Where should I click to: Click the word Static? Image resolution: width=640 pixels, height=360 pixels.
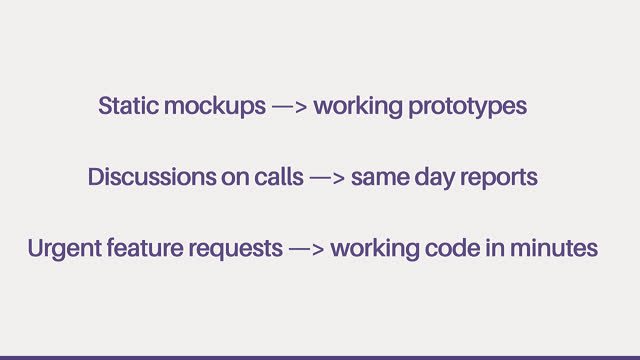tap(129, 105)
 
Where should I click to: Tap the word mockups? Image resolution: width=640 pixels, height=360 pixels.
tap(215, 107)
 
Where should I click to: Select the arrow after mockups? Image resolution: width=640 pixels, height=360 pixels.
tap(289, 107)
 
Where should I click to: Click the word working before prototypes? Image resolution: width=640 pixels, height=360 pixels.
tap(358, 107)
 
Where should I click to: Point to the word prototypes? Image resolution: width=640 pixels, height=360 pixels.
tap(468, 108)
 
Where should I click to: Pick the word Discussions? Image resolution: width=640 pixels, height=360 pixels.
tap(152, 177)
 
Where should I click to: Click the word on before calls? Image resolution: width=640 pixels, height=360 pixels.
tap(235, 179)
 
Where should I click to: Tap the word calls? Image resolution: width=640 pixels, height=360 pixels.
tap(279, 177)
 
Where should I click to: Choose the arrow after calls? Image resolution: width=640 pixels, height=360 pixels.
tap(327, 178)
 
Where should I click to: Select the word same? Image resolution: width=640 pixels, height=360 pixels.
tap(380, 179)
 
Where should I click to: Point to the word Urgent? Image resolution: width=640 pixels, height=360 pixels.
tap(64, 249)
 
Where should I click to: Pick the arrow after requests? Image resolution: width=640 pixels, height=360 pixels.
tap(307, 249)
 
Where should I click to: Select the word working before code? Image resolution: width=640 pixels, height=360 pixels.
tap(375, 249)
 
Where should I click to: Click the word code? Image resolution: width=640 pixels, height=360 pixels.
tap(452, 248)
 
